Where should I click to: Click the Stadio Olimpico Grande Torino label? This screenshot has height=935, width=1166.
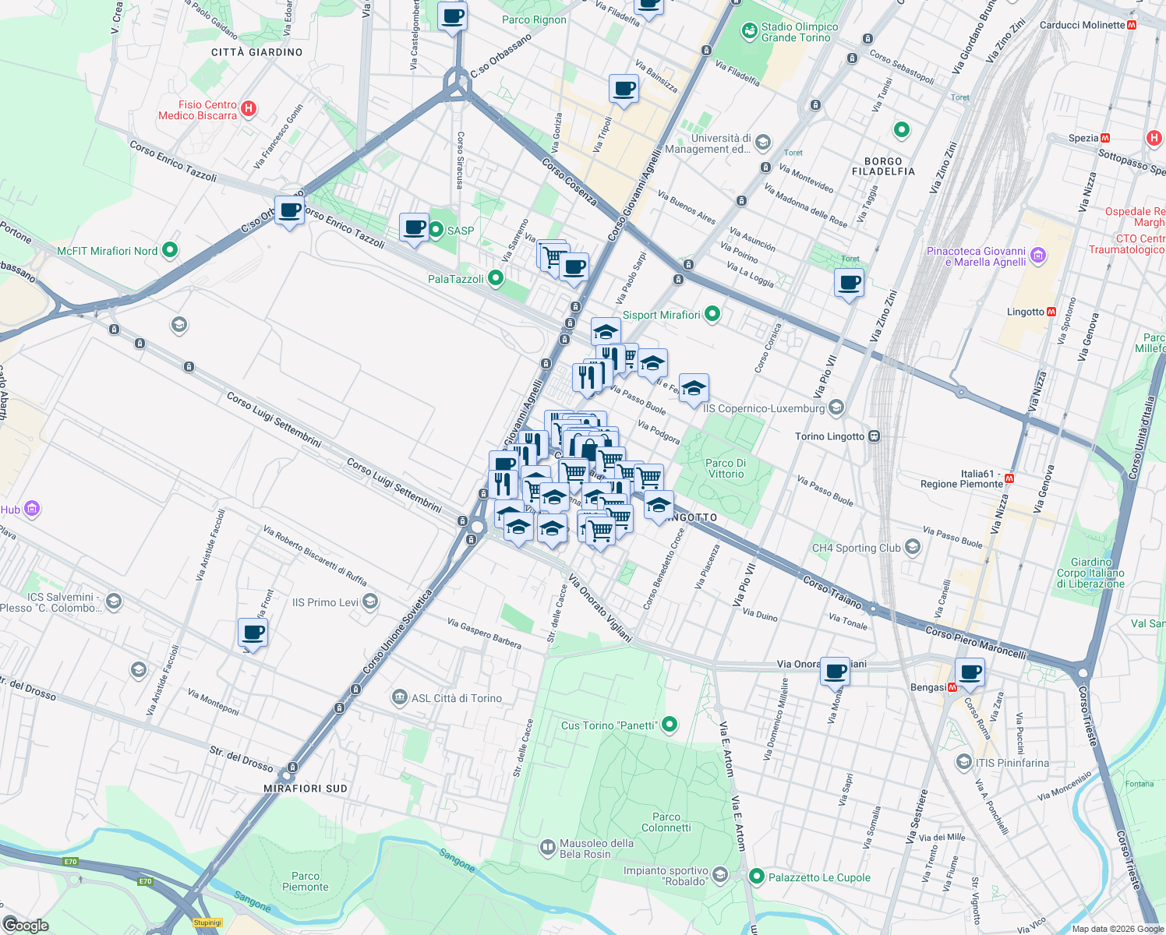tap(800, 32)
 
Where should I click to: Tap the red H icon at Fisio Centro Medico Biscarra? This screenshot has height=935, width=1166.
tap(249, 108)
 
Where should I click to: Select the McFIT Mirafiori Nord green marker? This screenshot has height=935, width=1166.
tap(170, 250)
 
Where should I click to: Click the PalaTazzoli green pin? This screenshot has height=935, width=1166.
tap(495, 278)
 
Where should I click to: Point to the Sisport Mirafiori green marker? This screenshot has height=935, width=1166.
tap(712, 314)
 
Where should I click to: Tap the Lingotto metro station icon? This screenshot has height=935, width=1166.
tap(1051, 312)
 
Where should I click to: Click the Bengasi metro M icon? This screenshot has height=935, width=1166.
tap(952, 687)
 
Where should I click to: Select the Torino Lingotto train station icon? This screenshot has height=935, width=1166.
tap(874, 436)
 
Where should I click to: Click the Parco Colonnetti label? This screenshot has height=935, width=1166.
tap(666, 822)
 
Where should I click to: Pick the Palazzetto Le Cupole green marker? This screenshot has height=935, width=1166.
tap(756, 877)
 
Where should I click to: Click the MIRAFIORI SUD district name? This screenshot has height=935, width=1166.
tap(306, 789)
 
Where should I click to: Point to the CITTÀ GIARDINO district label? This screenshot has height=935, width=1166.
tap(256, 52)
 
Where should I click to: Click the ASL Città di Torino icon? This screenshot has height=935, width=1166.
tap(400, 696)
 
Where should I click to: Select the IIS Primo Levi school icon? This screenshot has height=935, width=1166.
tap(370, 601)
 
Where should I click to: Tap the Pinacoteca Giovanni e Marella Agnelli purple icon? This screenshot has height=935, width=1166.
tap(1037, 255)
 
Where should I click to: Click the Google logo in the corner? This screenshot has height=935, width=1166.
tap(26, 925)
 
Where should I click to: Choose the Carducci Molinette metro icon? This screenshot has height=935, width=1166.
tap(1132, 25)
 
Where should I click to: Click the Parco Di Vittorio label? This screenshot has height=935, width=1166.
tap(726, 468)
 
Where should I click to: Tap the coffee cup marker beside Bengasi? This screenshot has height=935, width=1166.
tap(970, 672)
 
